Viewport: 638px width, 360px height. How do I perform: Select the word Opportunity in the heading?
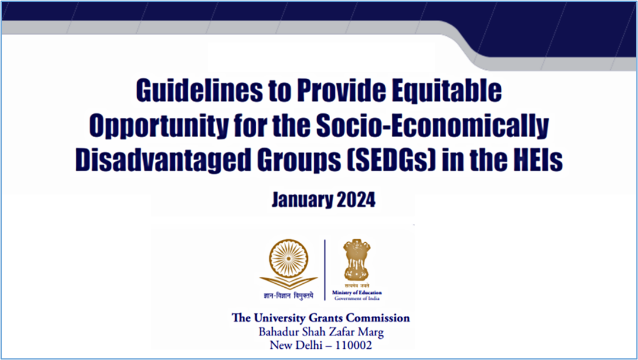tap(158, 126)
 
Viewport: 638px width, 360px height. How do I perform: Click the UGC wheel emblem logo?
tap(289, 264)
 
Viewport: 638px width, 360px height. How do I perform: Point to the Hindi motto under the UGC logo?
tap(289, 296)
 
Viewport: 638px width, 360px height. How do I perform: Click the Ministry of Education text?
tap(357, 293)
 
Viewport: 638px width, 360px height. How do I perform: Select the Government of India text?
tap(357, 298)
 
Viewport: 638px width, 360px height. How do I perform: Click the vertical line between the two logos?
tap(325, 270)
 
